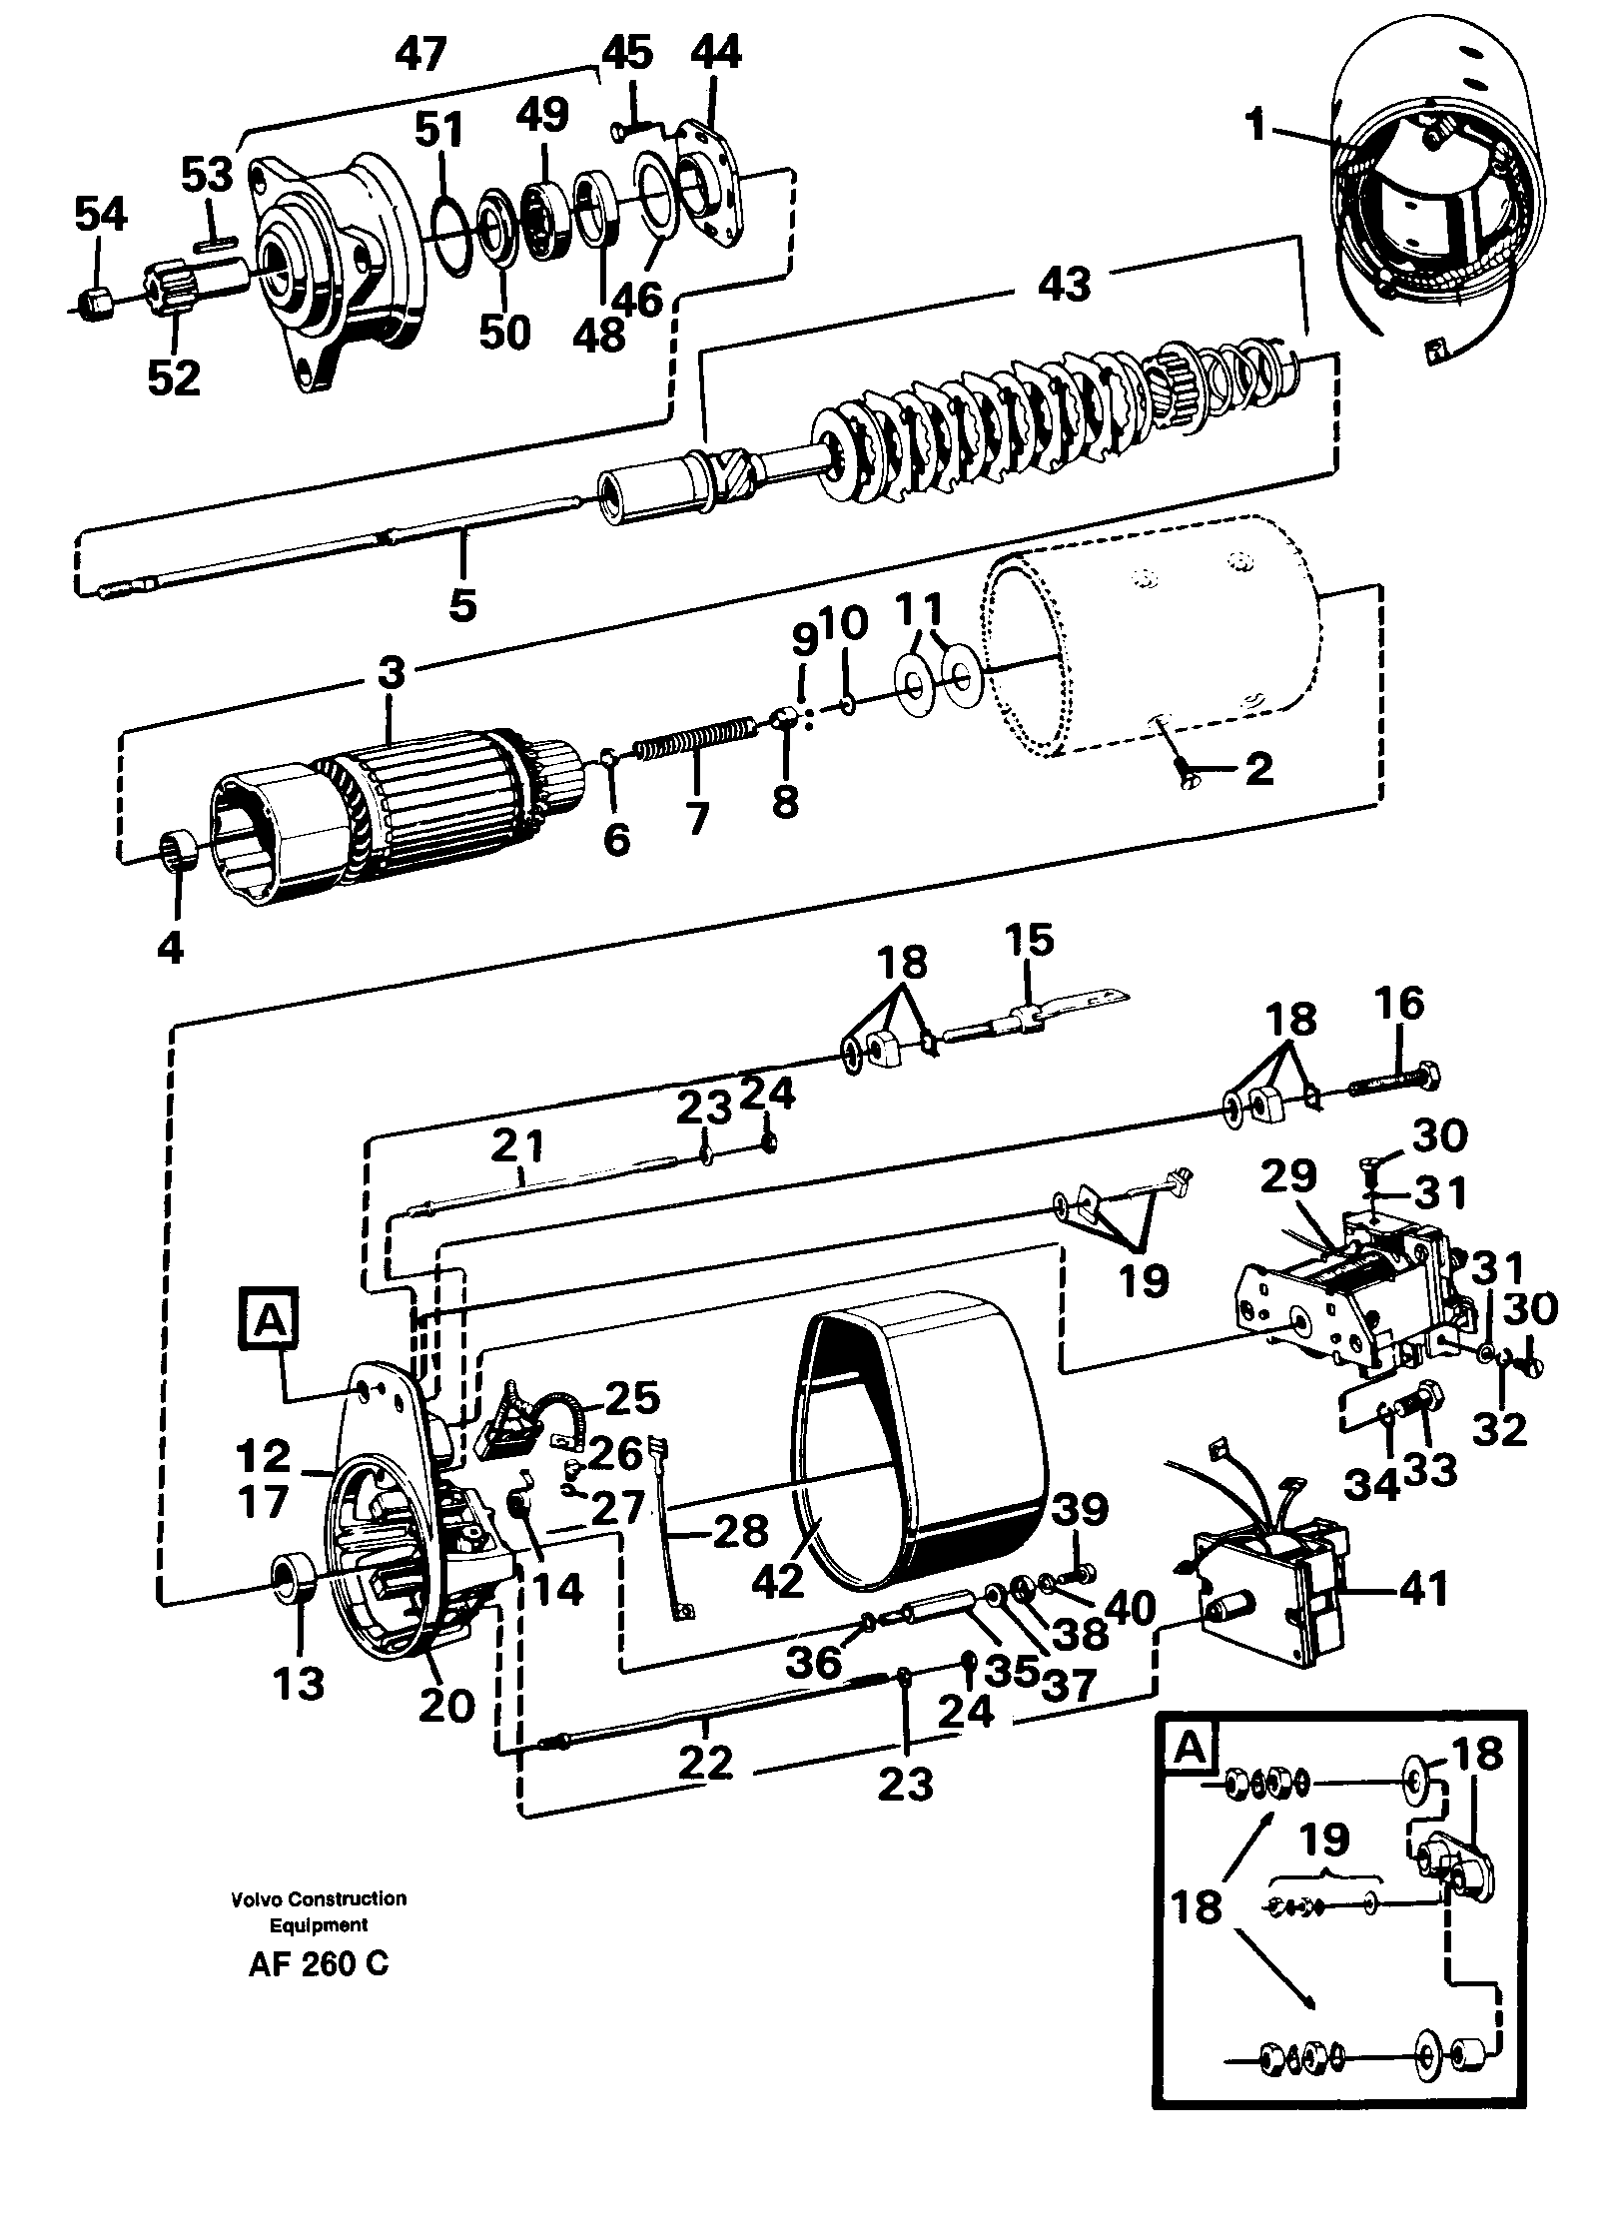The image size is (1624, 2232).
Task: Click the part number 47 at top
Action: coord(419,54)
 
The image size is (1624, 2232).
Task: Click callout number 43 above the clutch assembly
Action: coord(1063,286)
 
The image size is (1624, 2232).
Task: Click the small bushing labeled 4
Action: coord(178,852)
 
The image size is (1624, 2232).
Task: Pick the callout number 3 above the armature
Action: coord(392,673)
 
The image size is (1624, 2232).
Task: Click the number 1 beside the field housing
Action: coord(1255,126)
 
